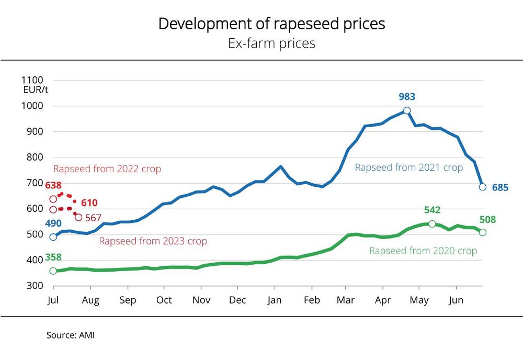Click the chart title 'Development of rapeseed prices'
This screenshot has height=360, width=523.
click(271, 24)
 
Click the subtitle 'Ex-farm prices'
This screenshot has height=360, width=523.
click(271, 43)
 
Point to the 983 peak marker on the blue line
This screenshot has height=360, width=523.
click(407, 110)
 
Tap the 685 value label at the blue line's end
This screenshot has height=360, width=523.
click(499, 187)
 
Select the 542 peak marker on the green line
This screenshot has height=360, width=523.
click(432, 223)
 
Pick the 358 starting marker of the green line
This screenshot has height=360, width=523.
click(53, 271)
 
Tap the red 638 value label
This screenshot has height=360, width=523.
click(54, 185)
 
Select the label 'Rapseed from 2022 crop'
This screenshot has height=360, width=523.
click(107, 169)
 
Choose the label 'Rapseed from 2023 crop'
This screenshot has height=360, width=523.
click(153, 241)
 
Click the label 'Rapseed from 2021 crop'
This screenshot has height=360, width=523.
click(408, 167)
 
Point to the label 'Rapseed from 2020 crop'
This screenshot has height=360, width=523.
click(423, 251)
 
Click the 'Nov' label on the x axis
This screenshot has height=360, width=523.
click(201, 301)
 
